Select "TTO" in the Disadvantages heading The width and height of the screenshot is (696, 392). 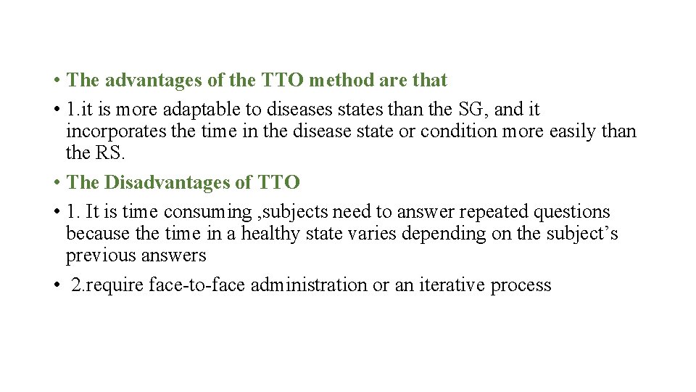coord(278,182)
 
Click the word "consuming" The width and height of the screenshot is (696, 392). coord(207,212)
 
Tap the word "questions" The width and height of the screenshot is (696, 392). coord(572,212)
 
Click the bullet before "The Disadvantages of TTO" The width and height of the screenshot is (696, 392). coord(56,183)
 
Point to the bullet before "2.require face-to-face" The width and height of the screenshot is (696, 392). coord(56,286)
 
